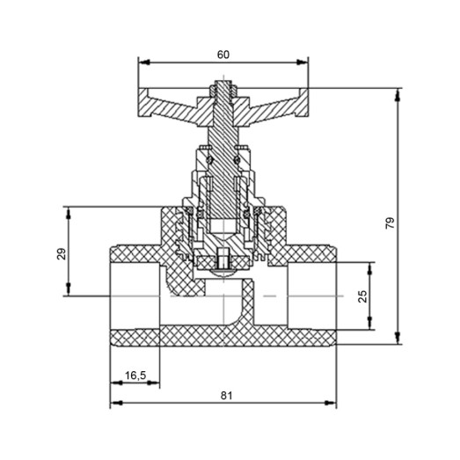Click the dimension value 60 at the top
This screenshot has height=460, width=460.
[x=223, y=55]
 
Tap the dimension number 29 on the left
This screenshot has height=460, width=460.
[x=61, y=254]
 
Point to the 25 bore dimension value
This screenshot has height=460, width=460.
[x=361, y=296]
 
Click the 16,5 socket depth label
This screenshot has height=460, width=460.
[x=135, y=375]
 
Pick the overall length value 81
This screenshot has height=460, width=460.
[x=225, y=397]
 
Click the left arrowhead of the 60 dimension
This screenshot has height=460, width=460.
[x=143, y=62]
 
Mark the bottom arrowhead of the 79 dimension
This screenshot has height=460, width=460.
[x=400, y=342]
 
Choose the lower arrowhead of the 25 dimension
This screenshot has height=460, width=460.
[x=370, y=326]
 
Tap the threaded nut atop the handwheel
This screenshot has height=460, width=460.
[x=223, y=90]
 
